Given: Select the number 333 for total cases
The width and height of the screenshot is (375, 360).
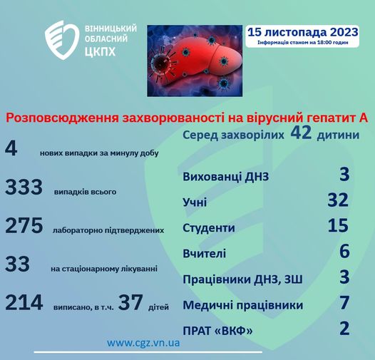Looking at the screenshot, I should [x=24, y=187].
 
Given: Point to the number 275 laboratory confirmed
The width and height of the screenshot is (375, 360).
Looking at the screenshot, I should [x=24, y=226].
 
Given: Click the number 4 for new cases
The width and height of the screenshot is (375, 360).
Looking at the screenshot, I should [x=11, y=148].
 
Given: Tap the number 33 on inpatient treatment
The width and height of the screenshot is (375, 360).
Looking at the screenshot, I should [x=17, y=264].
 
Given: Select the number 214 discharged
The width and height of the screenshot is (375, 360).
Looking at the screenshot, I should [x=24, y=303].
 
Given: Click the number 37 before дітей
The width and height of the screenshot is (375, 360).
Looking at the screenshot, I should [x=131, y=303].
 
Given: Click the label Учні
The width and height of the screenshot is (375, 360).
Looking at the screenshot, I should [x=195, y=203].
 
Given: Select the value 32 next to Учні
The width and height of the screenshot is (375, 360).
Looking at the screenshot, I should [x=337, y=200].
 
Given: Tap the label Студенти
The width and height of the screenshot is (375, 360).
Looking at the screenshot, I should [x=208, y=228].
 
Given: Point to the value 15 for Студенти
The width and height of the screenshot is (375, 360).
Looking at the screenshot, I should [x=337, y=226].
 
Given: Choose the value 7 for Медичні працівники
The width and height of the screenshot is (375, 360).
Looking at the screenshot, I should [x=344, y=303].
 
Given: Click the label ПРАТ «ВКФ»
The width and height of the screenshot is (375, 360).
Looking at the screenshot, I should [x=217, y=331].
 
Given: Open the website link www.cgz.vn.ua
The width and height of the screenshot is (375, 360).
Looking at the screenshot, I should [x=143, y=343].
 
